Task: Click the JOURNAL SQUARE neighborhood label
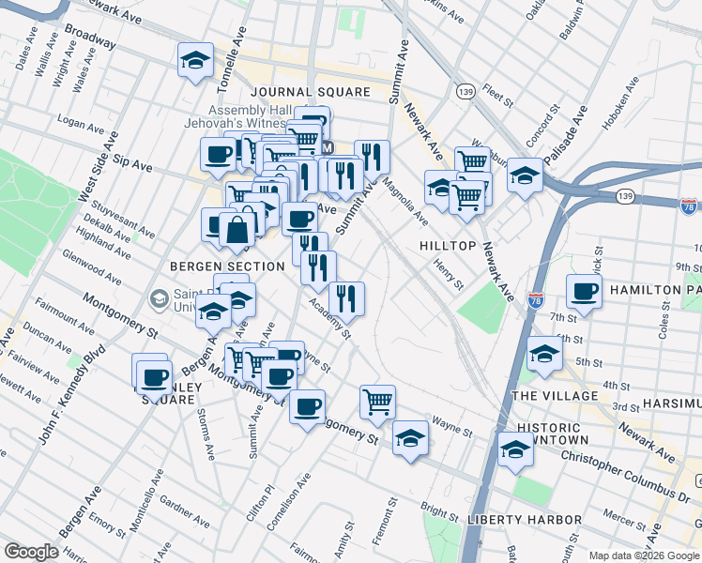311,93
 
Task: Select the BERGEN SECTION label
227,266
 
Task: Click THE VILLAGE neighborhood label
556,396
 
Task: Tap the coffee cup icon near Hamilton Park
585,292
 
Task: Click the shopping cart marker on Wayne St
377,401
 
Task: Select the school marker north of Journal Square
195,60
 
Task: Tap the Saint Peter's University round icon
159,298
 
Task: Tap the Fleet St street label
494,94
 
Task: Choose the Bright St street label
438,511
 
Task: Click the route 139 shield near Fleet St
464,90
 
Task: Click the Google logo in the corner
31,552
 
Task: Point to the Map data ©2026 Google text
642,555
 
